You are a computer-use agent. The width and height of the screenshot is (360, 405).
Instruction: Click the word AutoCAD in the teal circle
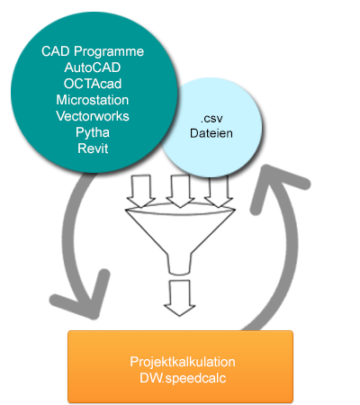(x=93, y=67)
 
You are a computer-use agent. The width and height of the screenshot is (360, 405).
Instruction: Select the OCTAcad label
(x=93, y=84)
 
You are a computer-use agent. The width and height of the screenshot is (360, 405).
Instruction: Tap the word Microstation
(x=93, y=100)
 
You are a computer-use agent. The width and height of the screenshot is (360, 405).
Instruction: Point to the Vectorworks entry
(x=93, y=116)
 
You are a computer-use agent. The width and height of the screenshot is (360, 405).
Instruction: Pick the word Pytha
(x=93, y=132)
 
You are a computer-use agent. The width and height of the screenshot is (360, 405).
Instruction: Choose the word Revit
(x=93, y=148)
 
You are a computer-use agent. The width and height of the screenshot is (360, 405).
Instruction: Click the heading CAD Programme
(x=93, y=51)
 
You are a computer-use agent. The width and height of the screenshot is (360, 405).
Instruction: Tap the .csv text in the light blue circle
(x=211, y=119)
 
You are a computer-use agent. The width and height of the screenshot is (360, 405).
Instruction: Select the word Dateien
(x=211, y=133)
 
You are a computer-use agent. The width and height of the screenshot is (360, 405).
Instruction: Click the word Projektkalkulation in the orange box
(x=183, y=362)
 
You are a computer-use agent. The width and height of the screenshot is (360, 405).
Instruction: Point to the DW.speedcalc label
(x=183, y=378)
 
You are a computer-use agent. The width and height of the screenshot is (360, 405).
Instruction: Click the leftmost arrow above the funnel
(x=140, y=191)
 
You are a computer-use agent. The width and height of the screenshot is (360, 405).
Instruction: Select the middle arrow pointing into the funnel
(x=180, y=191)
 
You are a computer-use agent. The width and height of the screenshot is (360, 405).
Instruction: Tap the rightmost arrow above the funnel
(x=219, y=191)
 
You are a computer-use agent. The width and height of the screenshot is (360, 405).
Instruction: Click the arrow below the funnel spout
(x=180, y=298)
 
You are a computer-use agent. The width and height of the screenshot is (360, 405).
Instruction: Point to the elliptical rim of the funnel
(x=180, y=209)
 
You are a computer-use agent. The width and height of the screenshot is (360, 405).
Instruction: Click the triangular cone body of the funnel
(x=180, y=231)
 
